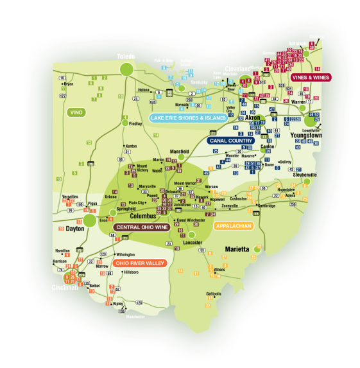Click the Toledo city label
coord(126,57)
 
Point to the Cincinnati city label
coord(65,288)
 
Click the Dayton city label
coord(75,228)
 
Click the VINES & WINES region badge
coord(311,77)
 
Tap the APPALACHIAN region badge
coord(234,226)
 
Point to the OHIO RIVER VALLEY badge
coord(140,263)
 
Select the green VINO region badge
coord(76,112)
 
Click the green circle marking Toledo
coord(126,69)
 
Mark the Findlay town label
coord(135,123)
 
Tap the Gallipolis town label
coord(214,294)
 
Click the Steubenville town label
coord(304,175)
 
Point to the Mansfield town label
coord(180,152)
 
